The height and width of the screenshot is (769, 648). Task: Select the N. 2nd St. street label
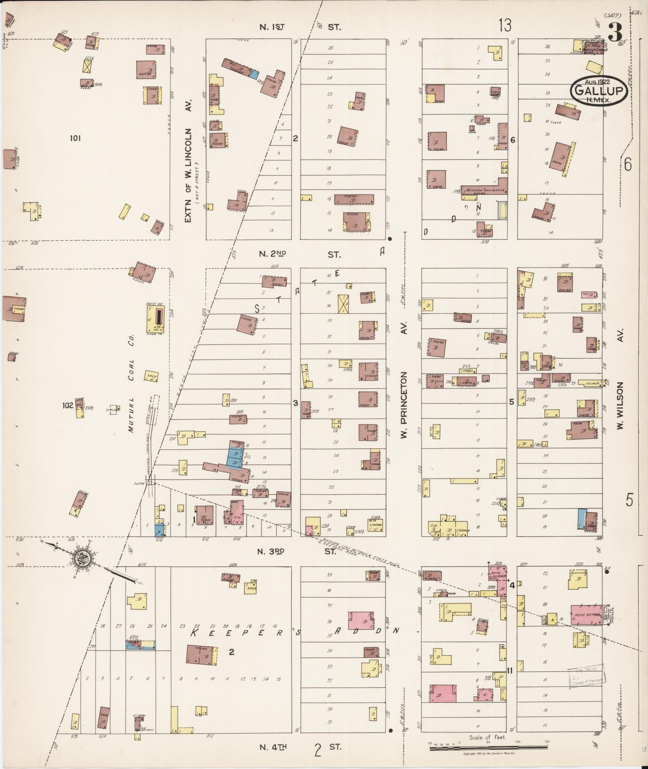pos(300,254)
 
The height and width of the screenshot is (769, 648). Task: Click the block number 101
pos(75,138)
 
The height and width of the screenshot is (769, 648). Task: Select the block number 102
pos(67,405)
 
